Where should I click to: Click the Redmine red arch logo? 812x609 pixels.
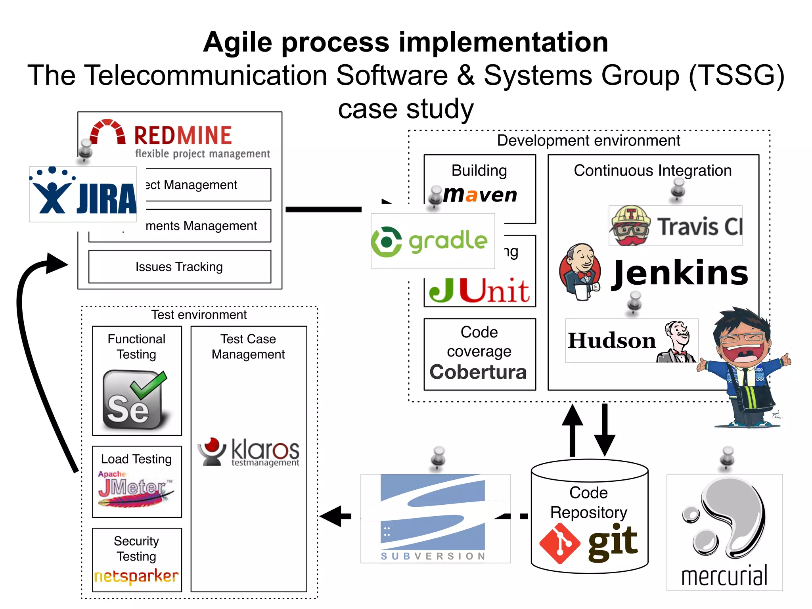(x=107, y=132)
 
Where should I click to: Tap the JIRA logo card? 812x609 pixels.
(x=83, y=194)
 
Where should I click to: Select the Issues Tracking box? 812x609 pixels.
(x=180, y=267)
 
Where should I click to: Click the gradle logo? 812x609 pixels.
(x=433, y=241)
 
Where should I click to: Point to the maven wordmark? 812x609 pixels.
(x=480, y=195)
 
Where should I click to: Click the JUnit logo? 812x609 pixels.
(x=479, y=290)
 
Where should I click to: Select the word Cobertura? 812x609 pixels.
(x=478, y=372)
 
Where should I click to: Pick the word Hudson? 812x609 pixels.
(x=612, y=341)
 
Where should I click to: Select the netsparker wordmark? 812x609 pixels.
(x=136, y=576)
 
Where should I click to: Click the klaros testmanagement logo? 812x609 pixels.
(x=249, y=452)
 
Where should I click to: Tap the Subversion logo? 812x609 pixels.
(x=435, y=518)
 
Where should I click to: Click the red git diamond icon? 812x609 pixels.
(x=560, y=544)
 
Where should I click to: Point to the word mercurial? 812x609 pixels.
(x=724, y=576)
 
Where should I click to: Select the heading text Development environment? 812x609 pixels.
(x=588, y=141)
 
